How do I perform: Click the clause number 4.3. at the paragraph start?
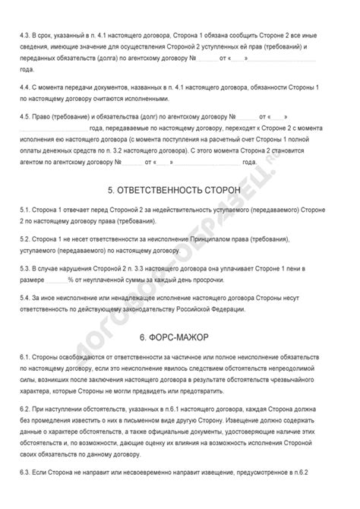tap(26, 35)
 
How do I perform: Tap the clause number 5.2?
tap(26, 239)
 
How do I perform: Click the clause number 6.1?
tap(26, 357)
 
